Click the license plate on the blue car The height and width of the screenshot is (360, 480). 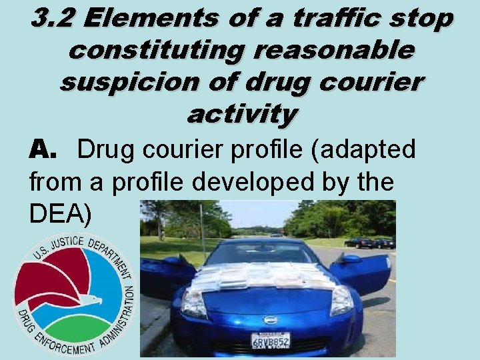pyautogui.click(x=270, y=340)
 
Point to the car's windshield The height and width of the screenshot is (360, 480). pyautogui.click(x=263, y=254)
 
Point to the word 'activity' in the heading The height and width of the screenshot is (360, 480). pyautogui.click(x=241, y=114)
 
